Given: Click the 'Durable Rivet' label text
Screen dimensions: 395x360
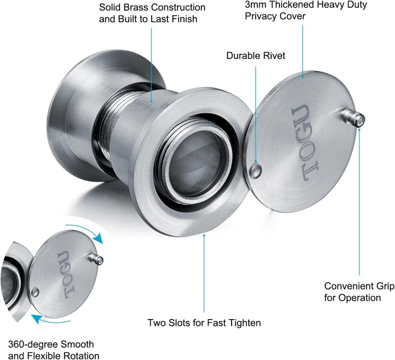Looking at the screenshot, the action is click(256, 56).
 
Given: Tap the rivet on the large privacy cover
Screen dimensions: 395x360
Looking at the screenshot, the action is click(255, 170).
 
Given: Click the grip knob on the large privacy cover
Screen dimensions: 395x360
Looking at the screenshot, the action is click(353, 119).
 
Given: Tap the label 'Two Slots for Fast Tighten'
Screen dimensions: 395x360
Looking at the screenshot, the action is click(204, 323).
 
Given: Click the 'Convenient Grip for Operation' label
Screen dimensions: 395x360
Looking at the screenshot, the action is click(359, 292).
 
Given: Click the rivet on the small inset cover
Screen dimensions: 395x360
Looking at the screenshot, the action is click(36, 292).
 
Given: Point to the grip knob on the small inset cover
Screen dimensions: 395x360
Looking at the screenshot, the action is click(96, 259).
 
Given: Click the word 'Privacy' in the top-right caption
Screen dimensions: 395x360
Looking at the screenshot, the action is click(261, 16).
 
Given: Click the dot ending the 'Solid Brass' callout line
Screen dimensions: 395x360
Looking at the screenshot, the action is click(152, 102).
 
